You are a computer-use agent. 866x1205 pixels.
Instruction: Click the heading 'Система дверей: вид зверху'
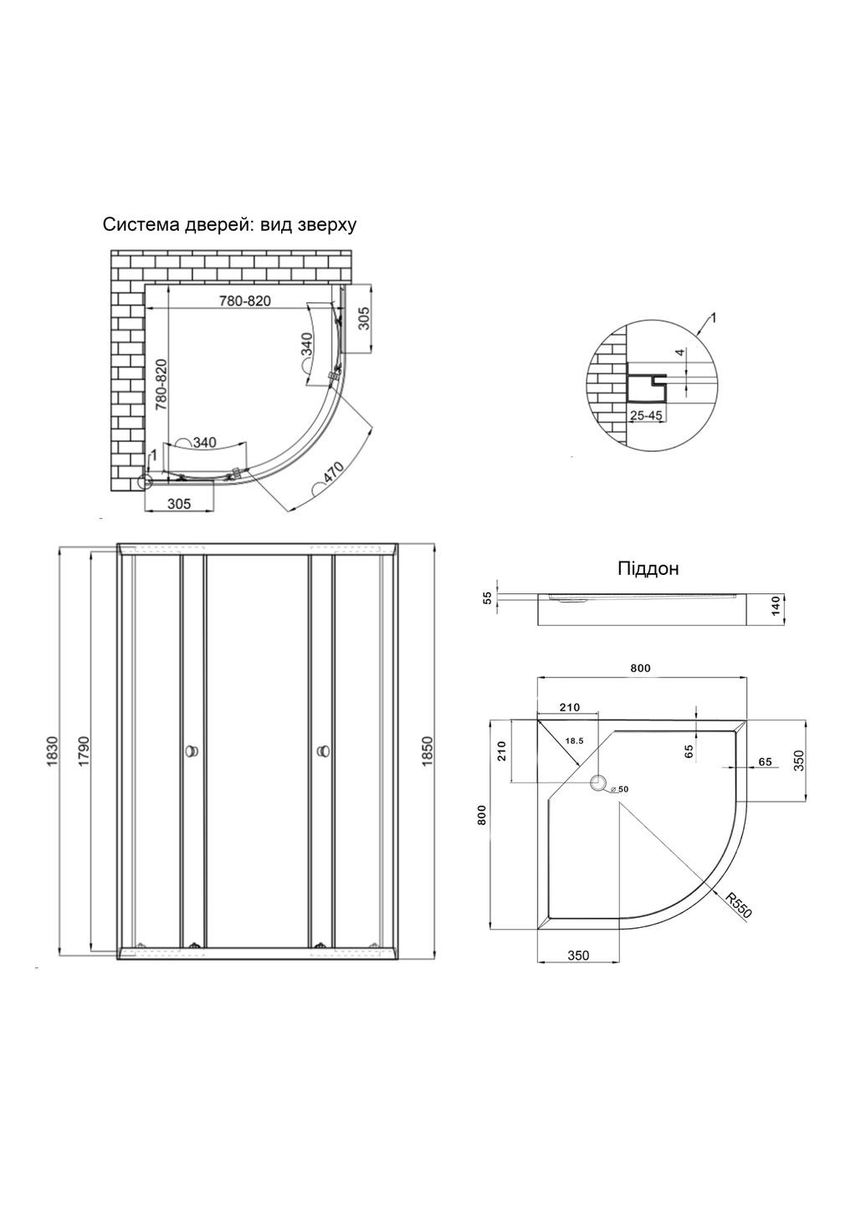tap(229, 225)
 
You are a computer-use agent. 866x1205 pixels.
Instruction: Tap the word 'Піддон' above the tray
tap(648, 569)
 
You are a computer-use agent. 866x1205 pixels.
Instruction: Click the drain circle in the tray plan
tap(598, 782)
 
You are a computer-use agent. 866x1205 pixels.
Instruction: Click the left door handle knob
tap(192, 750)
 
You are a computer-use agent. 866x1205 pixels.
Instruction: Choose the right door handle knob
tap(324, 750)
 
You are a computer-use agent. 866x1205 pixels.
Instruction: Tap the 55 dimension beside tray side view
tap(489, 598)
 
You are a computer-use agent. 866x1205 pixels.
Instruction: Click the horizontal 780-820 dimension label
tap(244, 301)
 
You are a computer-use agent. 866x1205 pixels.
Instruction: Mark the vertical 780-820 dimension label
tap(162, 385)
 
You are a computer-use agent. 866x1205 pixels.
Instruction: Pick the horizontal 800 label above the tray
tap(640, 668)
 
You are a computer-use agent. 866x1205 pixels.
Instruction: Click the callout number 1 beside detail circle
tap(713, 319)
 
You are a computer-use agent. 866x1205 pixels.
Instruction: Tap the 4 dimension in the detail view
tap(680, 353)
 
